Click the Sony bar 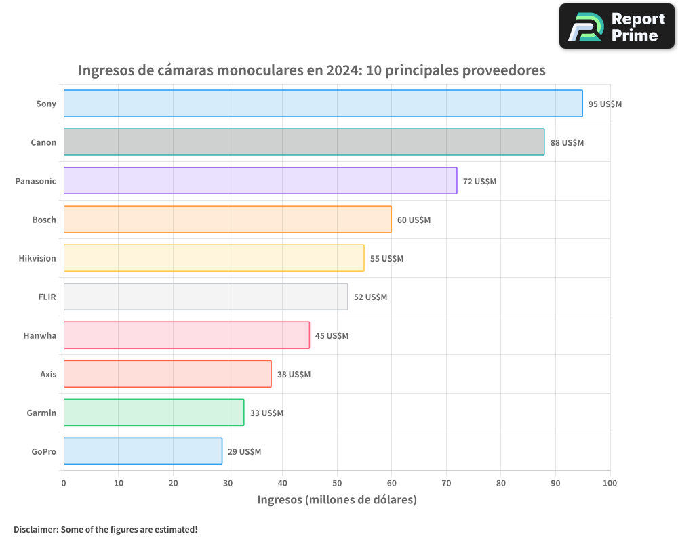pyautogui.click(x=323, y=104)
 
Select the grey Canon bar pyautogui.click(x=304, y=142)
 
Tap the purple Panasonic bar pyautogui.click(x=260, y=181)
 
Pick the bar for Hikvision pyautogui.click(x=214, y=258)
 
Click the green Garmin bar pyautogui.click(x=154, y=413)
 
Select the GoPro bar pyautogui.click(x=143, y=451)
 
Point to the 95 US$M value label pyautogui.click(x=605, y=104)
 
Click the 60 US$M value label pyautogui.click(x=414, y=220)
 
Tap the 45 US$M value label pyautogui.click(x=332, y=336)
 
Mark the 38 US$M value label pyautogui.click(x=294, y=375)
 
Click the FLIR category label pyautogui.click(x=47, y=297)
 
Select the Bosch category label pyautogui.click(x=44, y=220)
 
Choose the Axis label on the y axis pyautogui.click(x=48, y=374)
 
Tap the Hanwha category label pyautogui.click(x=40, y=335)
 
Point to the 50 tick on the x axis pyautogui.click(x=337, y=483)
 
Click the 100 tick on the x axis pyautogui.click(x=610, y=483)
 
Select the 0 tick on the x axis pyautogui.click(x=64, y=483)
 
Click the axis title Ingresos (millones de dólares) pyautogui.click(x=337, y=500)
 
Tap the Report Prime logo pyautogui.click(x=616, y=26)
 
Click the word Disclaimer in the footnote pyautogui.click(x=35, y=529)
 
